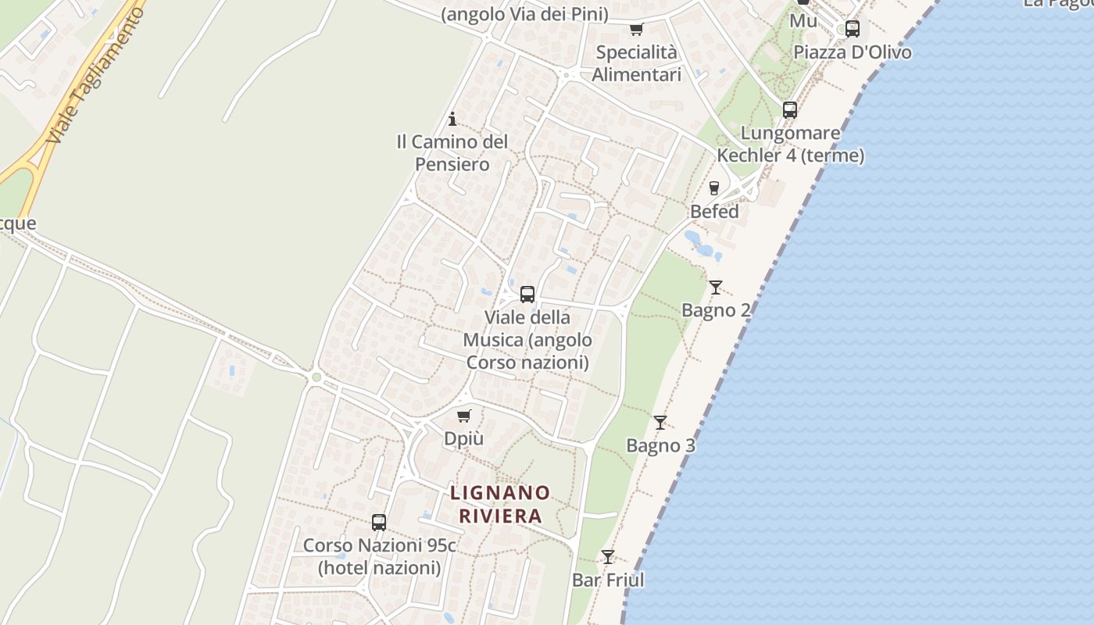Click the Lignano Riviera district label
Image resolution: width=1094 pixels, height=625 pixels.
click(500, 504)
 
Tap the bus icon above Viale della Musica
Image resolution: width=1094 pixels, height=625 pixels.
click(527, 295)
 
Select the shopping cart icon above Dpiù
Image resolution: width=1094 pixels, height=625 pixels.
click(464, 416)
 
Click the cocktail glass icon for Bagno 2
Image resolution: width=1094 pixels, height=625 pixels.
click(715, 287)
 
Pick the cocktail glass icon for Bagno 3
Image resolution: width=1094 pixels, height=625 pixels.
click(660, 423)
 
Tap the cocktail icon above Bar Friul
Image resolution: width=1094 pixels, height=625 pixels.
click(608, 557)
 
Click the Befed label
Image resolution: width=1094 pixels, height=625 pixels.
click(714, 212)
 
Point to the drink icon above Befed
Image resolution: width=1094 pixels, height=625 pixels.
click(713, 188)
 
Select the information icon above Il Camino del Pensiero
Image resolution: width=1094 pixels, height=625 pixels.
click(452, 119)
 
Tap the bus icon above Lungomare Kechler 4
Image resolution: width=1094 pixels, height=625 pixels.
click(790, 110)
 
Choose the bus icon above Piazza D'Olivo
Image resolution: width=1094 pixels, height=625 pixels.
click(853, 29)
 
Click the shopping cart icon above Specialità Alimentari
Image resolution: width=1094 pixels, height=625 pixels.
click(636, 30)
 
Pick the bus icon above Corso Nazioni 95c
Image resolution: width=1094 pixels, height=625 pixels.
click(379, 523)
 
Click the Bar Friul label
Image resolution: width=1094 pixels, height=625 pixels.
click(608, 580)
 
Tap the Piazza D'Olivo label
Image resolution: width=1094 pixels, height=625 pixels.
click(853, 52)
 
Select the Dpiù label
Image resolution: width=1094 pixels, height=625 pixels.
click(463, 439)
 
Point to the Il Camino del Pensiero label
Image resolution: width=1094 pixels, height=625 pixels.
click(452, 153)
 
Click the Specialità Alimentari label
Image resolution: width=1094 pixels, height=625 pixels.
click(636, 63)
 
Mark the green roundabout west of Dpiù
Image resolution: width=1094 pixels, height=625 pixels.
click(316, 378)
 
